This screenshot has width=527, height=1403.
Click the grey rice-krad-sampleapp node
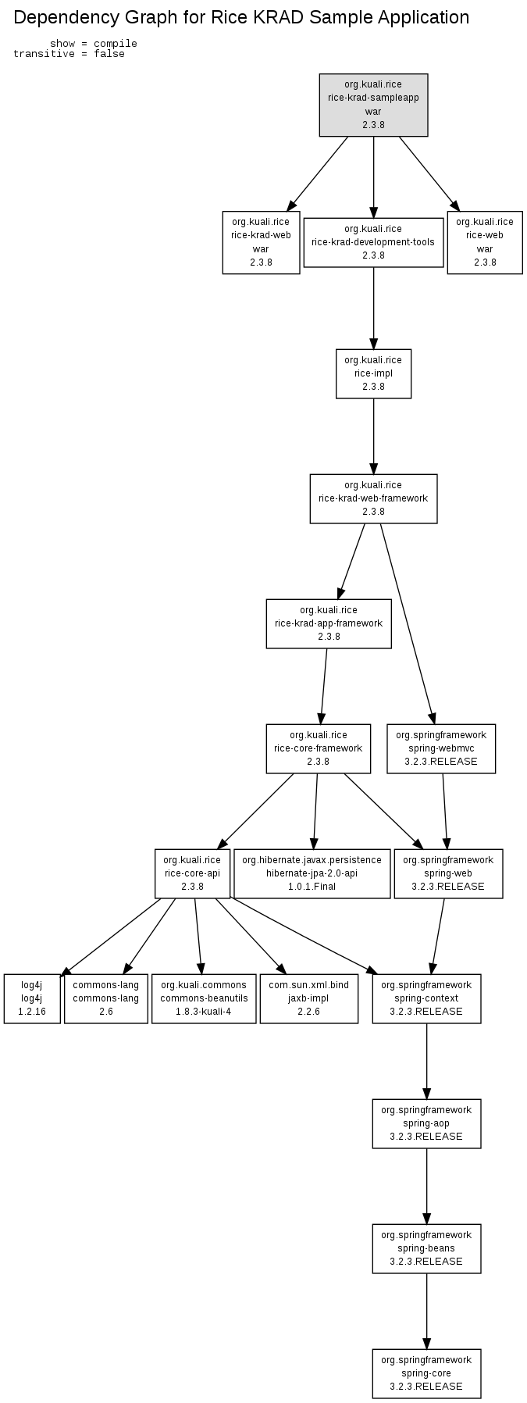(x=373, y=105)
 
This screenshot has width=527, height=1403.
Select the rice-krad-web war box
(x=261, y=242)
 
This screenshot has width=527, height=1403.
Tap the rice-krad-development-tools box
(x=373, y=242)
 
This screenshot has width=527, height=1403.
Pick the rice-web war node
(x=485, y=242)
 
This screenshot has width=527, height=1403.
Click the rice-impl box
(x=373, y=373)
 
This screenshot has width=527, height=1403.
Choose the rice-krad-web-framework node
(x=373, y=498)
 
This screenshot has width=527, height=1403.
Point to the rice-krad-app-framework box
(x=329, y=623)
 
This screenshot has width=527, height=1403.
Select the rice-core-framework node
(x=318, y=748)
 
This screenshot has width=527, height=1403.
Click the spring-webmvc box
(x=441, y=748)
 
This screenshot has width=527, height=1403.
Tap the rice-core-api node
(x=192, y=873)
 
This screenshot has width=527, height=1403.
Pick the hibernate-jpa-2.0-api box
(x=312, y=873)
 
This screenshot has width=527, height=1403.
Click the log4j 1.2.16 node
(x=32, y=998)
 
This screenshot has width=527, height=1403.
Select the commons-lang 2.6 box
(x=106, y=998)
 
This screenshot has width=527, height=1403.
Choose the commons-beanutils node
(x=204, y=998)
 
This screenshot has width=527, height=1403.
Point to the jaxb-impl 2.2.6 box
(x=309, y=998)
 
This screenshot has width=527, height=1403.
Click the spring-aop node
(x=426, y=1123)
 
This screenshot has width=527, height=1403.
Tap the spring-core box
(x=426, y=1373)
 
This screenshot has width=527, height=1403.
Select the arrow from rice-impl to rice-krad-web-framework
(x=373, y=436)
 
